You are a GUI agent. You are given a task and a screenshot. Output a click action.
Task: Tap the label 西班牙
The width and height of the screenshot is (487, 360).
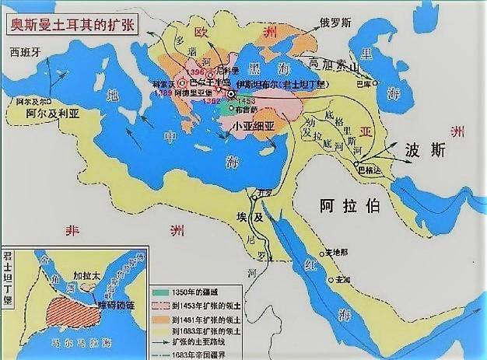pos(25,53)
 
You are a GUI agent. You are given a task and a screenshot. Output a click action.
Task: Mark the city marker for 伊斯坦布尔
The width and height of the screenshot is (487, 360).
pos(230,94)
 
